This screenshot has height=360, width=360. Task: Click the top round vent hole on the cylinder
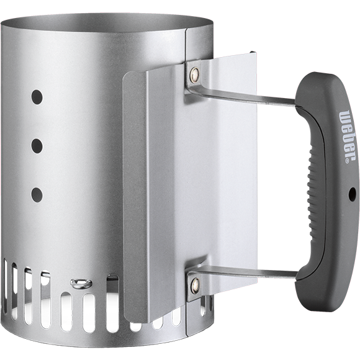[37, 97]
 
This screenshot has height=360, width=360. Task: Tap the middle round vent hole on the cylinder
[37, 146]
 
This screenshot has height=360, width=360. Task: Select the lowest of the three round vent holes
[37, 194]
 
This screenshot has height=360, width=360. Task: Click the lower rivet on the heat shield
[195, 286]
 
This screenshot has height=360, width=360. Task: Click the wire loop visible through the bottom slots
[81, 284]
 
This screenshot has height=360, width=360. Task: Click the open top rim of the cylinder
[93, 19]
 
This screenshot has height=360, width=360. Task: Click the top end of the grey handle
[320, 84]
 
